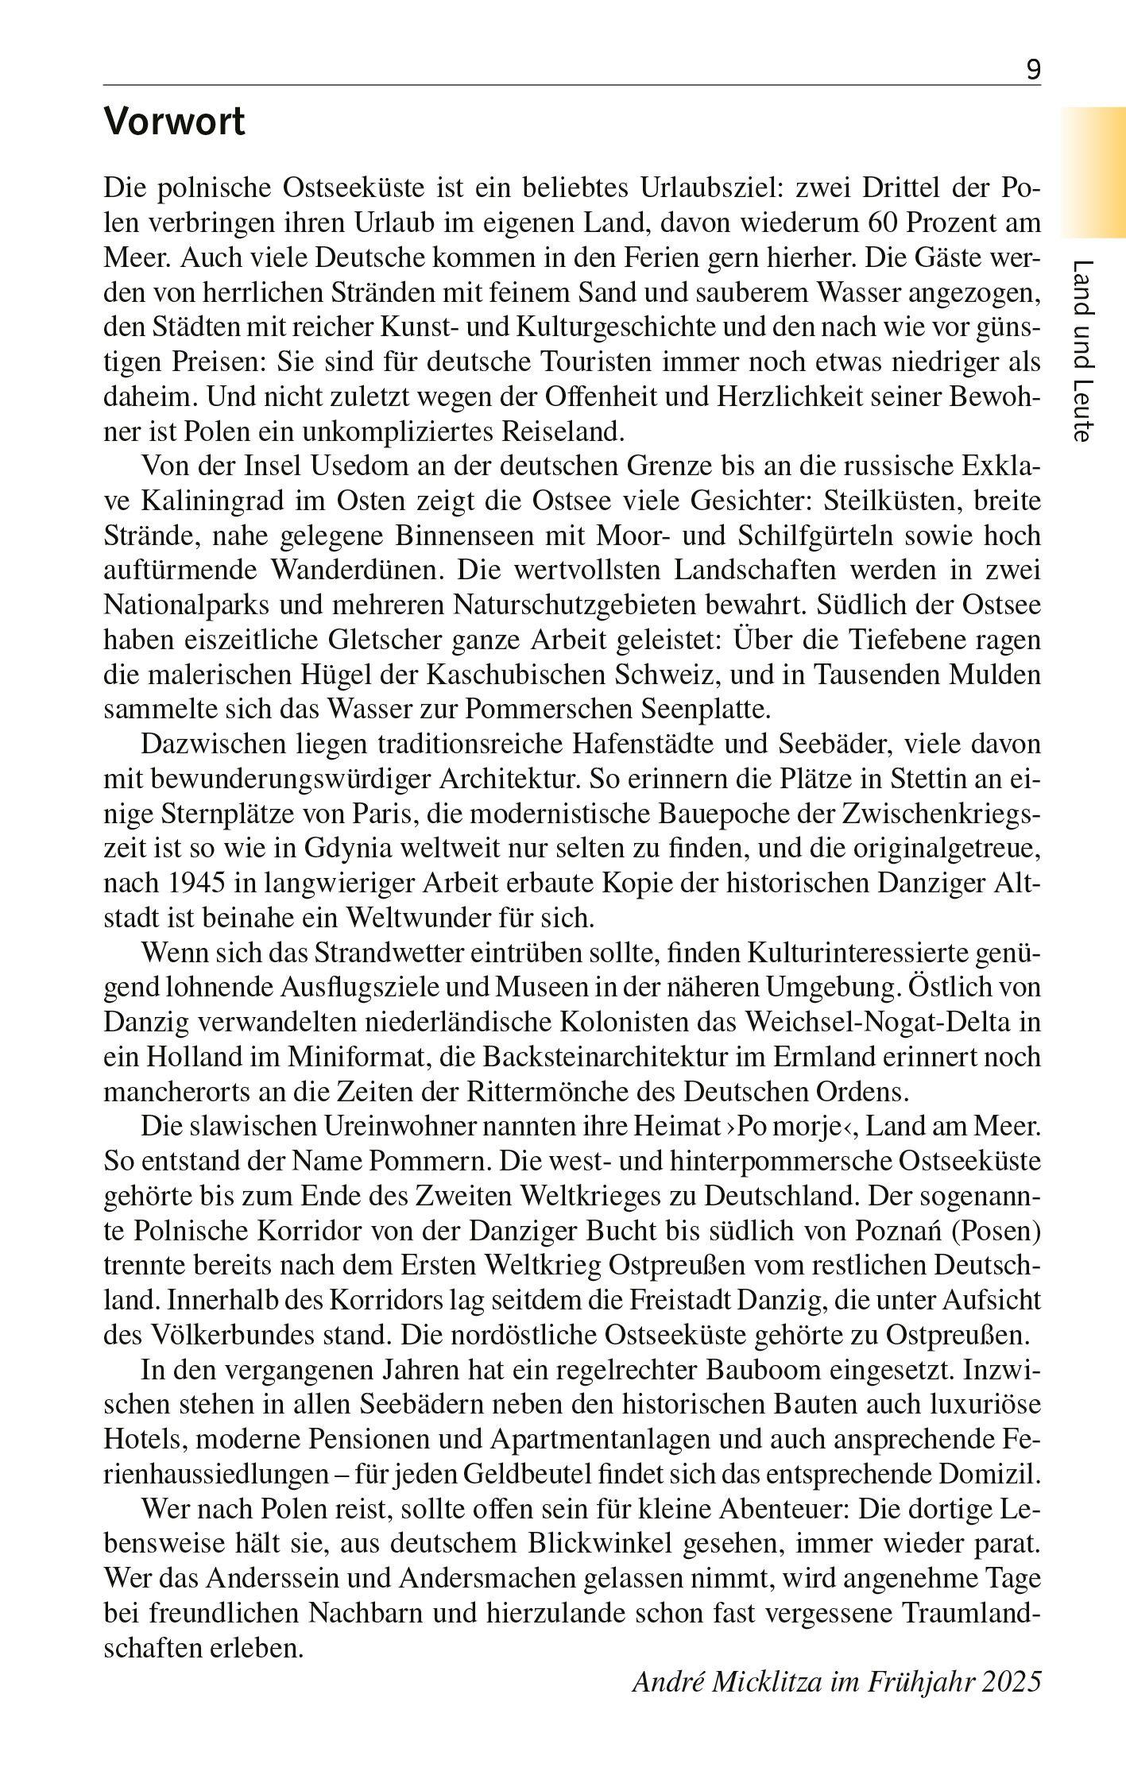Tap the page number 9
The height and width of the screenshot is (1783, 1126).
click(x=1033, y=71)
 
